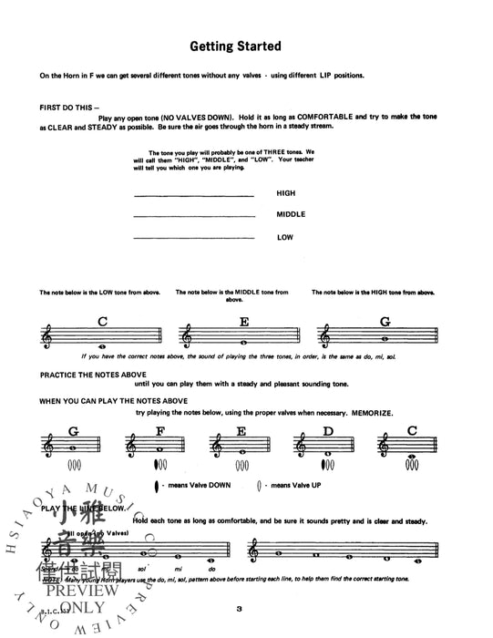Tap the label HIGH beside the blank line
pos(286,193)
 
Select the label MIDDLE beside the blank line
pos(291,215)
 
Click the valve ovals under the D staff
pos(325,465)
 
